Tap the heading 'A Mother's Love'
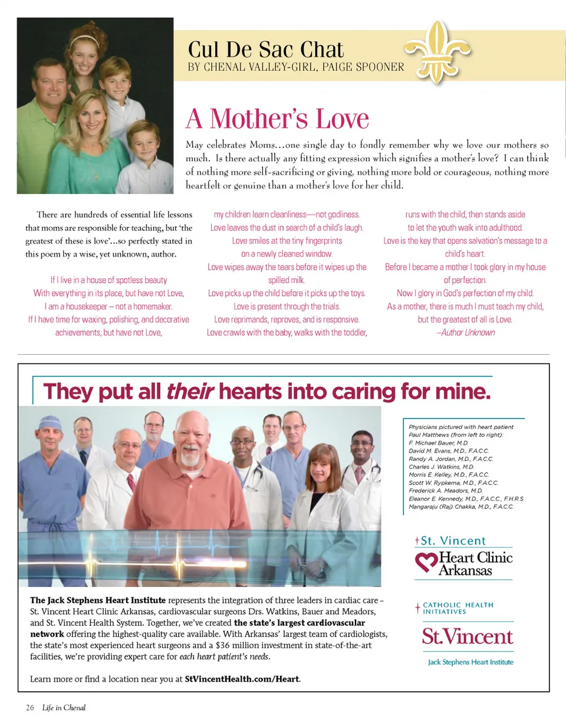click(x=277, y=118)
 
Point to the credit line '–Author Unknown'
click(x=465, y=332)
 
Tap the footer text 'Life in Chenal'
click(x=64, y=707)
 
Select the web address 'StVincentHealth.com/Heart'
click(x=242, y=679)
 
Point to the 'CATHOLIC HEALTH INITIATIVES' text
click(x=458, y=608)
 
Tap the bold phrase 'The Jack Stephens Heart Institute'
click(x=98, y=600)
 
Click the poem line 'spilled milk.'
click(x=287, y=280)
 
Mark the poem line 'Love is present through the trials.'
click(x=287, y=306)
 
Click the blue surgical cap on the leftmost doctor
click(x=50, y=423)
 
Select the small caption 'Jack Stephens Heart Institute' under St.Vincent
click(x=470, y=662)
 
